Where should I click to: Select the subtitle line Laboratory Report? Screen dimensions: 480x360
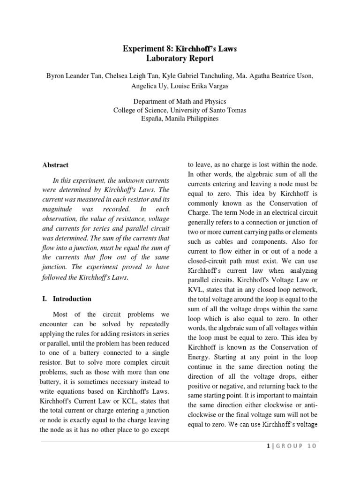coord(180,59)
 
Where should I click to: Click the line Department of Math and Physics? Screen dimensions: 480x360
coord(180,101)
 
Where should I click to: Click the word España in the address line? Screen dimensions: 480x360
coord(152,119)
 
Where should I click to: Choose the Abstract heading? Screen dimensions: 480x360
coord(55,165)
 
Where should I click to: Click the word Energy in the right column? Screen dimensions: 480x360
coord(200,357)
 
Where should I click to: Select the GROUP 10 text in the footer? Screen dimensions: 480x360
coord(295,446)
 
